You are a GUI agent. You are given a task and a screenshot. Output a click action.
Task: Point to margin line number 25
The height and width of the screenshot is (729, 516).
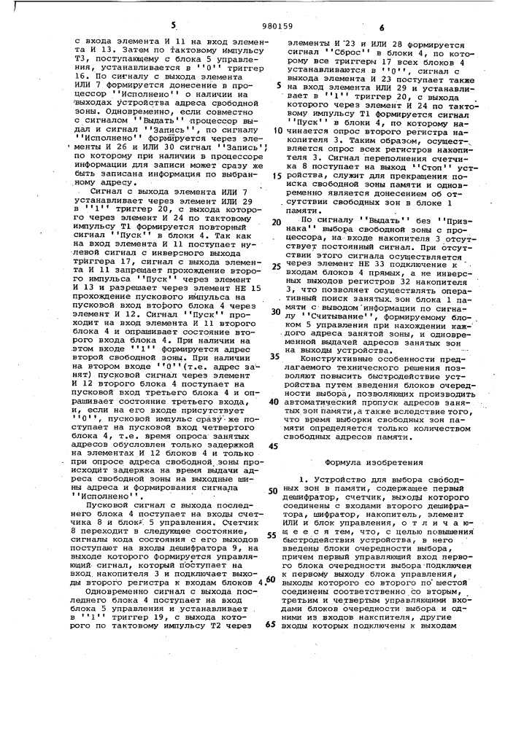[x=277, y=267]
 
